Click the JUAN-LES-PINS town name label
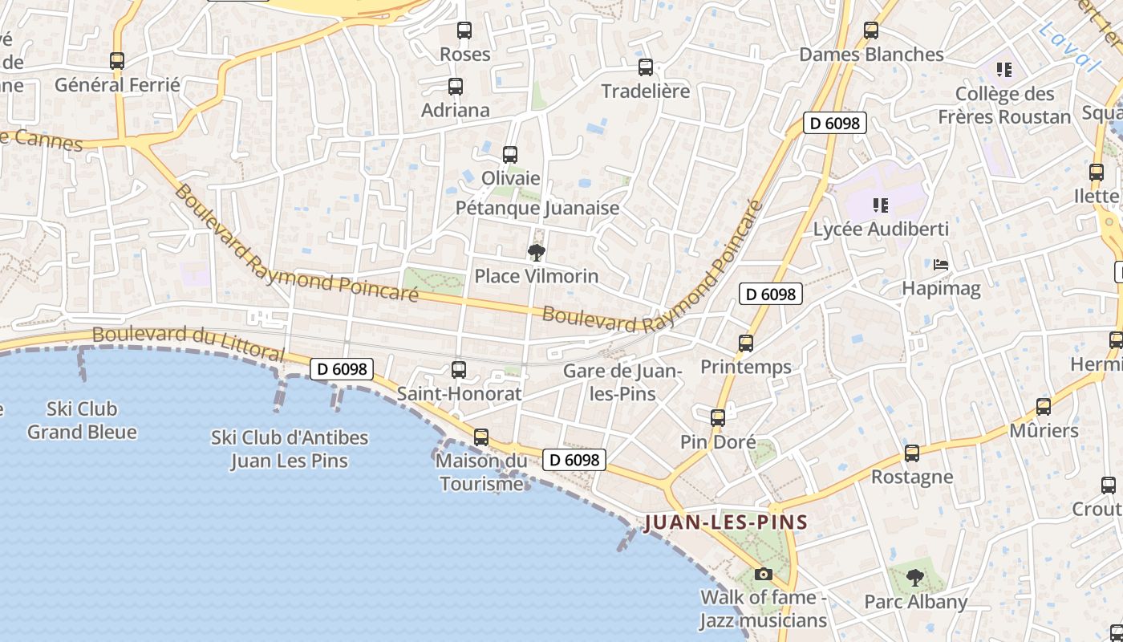point(726,522)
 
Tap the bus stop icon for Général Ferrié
point(117,60)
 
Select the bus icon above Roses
point(464,30)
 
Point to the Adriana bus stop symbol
point(456,86)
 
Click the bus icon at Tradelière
point(646,67)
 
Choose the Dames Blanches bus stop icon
point(871,30)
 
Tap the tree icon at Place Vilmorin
point(537,253)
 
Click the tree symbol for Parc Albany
point(915,577)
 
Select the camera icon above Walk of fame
point(764,574)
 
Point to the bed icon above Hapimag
point(941,264)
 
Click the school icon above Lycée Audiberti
point(881,205)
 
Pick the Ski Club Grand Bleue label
point(82,421)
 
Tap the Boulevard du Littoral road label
point(189,343)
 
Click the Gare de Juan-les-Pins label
point(622,382)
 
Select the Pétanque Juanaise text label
point(537,208)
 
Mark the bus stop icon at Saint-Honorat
point(459,369)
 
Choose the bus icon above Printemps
point(746,343)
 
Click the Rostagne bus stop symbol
point(912,453)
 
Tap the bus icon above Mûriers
point(1044,407)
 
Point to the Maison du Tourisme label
point(481,472)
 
